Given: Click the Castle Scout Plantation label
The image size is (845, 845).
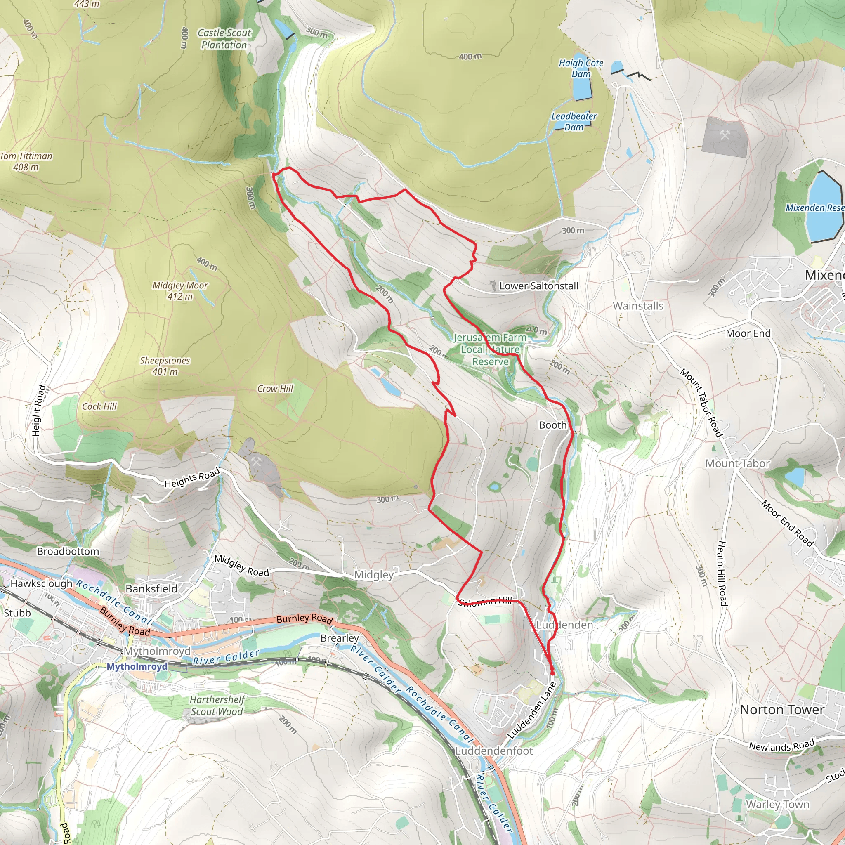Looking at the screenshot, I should click(224, 39).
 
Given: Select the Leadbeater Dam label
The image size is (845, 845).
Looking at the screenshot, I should click(574, 122).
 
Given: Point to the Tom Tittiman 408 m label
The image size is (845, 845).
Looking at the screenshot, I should click(26, 161).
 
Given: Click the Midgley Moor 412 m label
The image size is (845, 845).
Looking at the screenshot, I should click(180, 291).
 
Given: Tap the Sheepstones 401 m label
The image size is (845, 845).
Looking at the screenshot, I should click(165, 366).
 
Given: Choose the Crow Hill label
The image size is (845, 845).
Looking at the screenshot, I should click(275, 388).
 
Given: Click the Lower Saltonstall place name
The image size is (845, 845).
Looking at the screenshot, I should click(538, 286).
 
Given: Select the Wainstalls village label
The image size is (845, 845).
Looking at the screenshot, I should click(638, 306).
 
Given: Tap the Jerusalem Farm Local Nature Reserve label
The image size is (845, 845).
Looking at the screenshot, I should click(490, 349).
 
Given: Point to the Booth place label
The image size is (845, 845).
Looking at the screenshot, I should click(552, 425).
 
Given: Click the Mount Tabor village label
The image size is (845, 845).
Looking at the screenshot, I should click(737, 464).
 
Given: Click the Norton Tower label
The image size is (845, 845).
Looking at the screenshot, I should click(782, 710).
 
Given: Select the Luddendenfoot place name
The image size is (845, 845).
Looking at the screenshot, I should click(494, 751).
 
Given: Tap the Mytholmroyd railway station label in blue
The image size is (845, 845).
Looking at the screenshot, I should click(137, 667).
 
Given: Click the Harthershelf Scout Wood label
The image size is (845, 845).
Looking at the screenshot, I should click(217, 706).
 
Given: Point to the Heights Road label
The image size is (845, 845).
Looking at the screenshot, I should click(191, 478).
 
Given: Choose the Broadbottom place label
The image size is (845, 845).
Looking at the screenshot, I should click(68, 551).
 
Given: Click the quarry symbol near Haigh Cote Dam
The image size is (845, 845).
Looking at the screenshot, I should click(725, 136).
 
